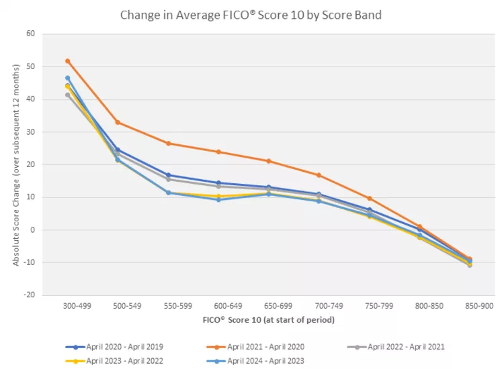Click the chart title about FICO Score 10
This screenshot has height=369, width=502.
click(251, 15)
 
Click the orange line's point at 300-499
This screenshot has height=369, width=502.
click(68, 61)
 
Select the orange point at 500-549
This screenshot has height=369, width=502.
click(118, 122)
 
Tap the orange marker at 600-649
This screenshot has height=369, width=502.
click(218, 152)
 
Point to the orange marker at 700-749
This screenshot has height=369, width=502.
click(319, 175)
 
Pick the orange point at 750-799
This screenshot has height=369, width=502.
click(369, 199)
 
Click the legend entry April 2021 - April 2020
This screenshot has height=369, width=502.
click(263, 347)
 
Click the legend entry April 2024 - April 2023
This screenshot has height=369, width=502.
click(263, 360)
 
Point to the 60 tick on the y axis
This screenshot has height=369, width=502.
click(30, 34)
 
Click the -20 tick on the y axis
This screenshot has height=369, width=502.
click(29, 295)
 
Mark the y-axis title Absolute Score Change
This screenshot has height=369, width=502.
click(16, 164)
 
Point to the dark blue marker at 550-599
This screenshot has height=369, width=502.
click(168, 175)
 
